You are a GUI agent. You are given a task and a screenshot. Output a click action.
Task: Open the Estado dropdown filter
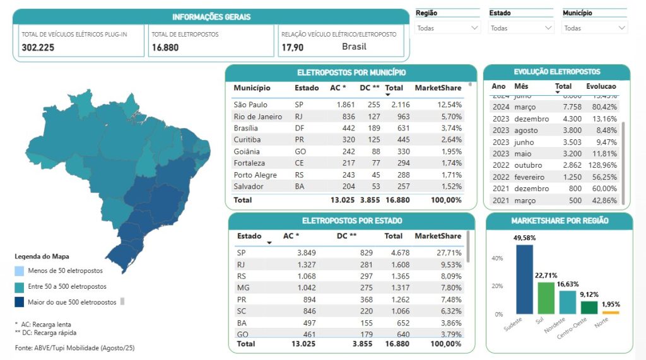[521, 28]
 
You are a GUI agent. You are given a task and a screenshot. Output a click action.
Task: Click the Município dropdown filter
[595, 28]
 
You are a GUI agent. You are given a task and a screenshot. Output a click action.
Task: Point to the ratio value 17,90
[293, 47]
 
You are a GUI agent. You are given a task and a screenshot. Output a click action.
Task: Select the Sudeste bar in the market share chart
[524, 279]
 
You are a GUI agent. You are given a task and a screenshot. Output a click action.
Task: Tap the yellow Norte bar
[610, 312]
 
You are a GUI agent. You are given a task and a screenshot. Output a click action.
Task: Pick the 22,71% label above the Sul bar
[546, 276]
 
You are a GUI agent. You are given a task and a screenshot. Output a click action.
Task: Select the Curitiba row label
[247, 139]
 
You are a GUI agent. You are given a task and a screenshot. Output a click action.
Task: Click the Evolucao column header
[601, 86]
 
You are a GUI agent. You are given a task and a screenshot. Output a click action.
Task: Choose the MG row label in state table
[243, 287]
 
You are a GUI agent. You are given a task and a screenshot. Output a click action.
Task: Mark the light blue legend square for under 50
[19, 271]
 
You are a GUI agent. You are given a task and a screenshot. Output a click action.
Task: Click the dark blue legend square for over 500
[19, 302]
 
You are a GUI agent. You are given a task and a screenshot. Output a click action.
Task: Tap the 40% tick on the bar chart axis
[498, 258]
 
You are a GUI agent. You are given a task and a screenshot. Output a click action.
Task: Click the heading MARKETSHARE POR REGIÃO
[560, 221]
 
